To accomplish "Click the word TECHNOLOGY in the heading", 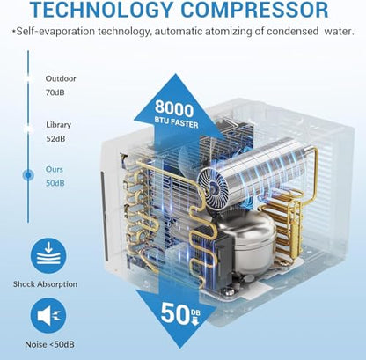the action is [101, 9].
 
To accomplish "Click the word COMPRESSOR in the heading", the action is [254, 9].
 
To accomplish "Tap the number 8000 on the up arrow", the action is [174, 108].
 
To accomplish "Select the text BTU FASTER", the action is [177, 123].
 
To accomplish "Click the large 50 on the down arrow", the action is [175, 313].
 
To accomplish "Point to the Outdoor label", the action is [61, 78].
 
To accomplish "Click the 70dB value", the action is [55, 92].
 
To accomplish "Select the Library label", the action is [58, 125].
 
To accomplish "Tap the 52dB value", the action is [55, 138].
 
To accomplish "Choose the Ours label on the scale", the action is [55, 169].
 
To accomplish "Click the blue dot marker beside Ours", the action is [28, 175].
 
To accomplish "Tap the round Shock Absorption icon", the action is [48, 256].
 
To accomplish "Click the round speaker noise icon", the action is [48, 316].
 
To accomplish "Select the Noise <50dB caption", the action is [49, 344].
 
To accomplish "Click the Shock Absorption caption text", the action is [45, 284].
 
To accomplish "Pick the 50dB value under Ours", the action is [55, 183].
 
